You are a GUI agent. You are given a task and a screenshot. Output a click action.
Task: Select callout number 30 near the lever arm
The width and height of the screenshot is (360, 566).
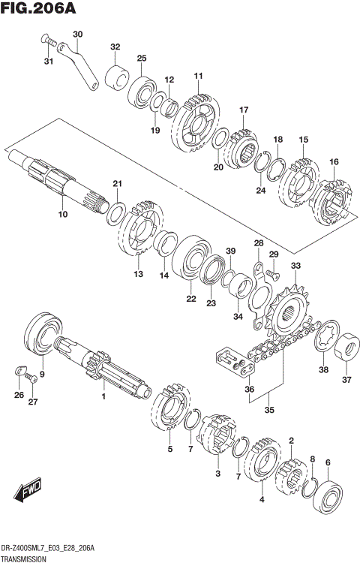click(x=78, y=34)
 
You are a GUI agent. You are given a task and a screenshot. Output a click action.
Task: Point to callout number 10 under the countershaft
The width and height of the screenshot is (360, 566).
click(x=63, y=215)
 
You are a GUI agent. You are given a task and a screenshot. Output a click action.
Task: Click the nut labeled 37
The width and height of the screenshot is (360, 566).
click(x=347, y=347)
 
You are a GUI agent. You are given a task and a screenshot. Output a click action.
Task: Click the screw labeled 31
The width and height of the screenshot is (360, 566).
click(x=46, y=39)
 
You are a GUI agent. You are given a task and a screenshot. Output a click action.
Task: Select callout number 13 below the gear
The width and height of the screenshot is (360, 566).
click(x=137, y=274)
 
